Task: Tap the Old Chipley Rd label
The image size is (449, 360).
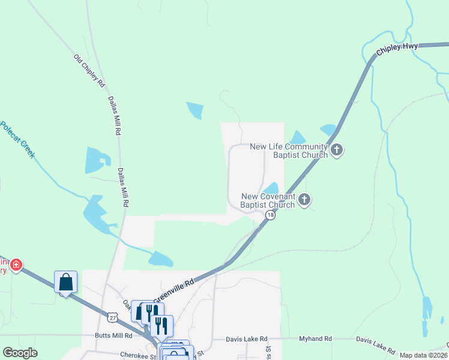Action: click(x=89, y=71)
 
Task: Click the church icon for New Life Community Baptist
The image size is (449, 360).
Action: click(x=337, y=150)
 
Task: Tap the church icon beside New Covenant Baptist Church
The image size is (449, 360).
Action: click(x=304, y=199)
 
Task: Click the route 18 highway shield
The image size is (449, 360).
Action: click(x=271, y=215)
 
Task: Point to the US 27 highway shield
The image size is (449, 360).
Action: click(x=112, y=316)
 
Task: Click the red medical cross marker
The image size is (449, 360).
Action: click(x=16, y=264)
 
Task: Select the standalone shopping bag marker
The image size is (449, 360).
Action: click(x=66, y=281)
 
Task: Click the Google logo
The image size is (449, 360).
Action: click(x=20, y=353)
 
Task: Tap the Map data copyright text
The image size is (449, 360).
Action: click(x=423, y=355)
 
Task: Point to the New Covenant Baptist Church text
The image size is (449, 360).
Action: click(x=268, y=200)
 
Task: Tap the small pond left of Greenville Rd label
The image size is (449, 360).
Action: click(x=160, y=259)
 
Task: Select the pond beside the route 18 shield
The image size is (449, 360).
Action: click(x=271, y=188)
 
